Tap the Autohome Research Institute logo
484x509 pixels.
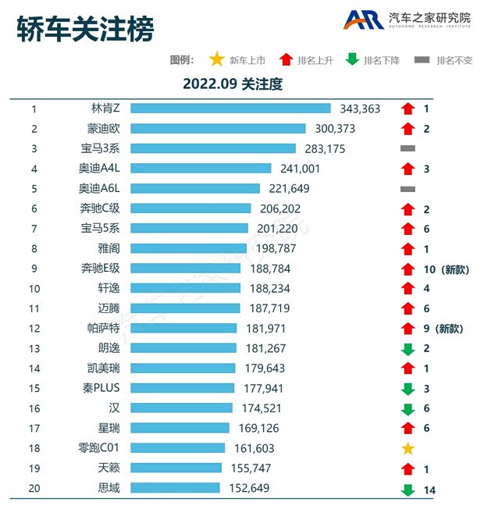pos(408,20)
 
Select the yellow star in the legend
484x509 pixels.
pos(215,59)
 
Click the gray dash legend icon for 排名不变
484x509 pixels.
pos(422,60)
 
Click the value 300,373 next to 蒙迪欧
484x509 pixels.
pos(335,129)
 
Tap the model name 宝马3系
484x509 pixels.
pos(110,148)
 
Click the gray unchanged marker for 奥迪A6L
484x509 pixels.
pos(407,188)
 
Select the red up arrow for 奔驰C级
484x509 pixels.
pos(407,208)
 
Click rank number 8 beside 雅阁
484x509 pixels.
pos(34,248)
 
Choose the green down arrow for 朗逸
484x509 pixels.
pos(407,349)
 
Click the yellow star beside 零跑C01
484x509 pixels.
pos(407,448)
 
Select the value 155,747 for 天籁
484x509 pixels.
pos(251,468)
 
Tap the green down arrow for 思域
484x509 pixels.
pos(407,489)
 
